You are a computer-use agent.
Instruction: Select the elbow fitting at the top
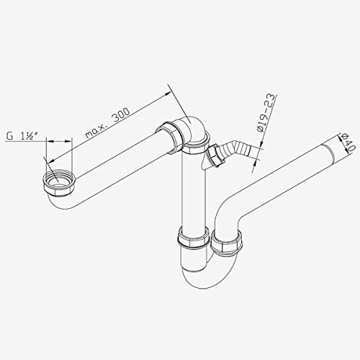(192, 128)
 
